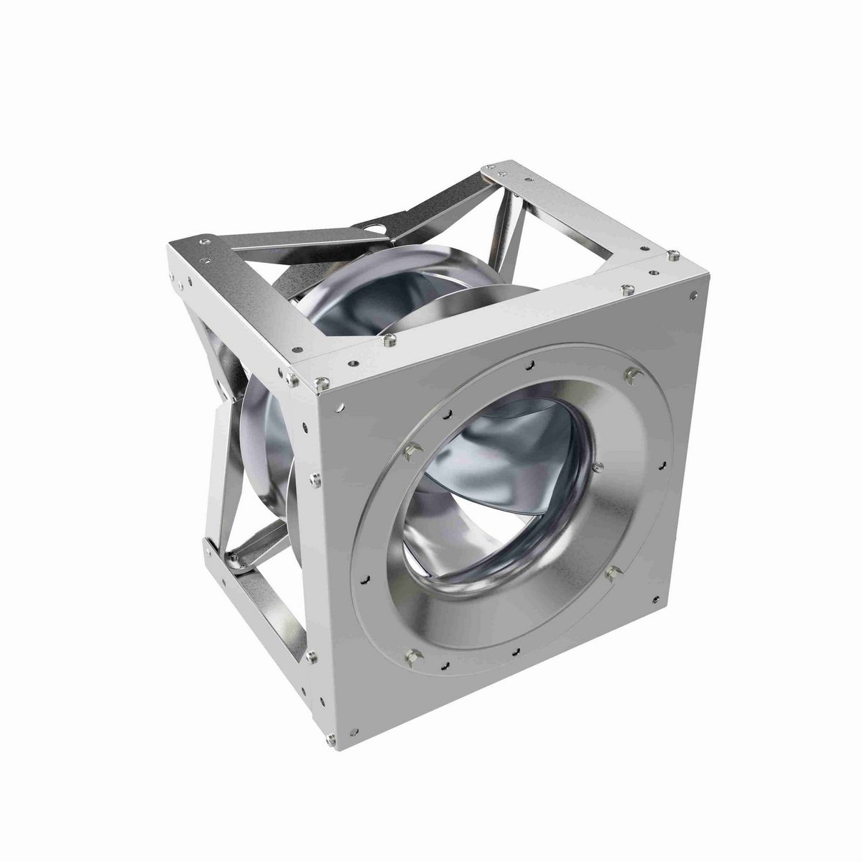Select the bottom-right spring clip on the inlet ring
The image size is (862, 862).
613,573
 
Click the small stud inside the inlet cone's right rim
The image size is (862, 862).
597,467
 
